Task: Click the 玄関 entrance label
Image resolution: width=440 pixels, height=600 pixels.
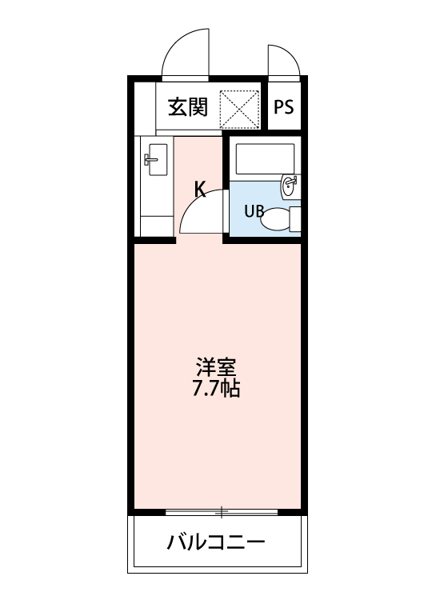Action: pos(188,108)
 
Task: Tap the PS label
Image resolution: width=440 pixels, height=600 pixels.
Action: pos(284,108)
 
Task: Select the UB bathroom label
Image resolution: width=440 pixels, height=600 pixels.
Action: pos(254,212)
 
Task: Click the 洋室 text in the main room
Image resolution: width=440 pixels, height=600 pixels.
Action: pos(217,370)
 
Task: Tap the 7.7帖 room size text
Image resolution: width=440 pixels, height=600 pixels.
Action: pos(217,390)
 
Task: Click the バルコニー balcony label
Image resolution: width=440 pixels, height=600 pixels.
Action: pos(216,544)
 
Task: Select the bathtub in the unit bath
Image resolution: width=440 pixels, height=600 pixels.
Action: pos(265,161)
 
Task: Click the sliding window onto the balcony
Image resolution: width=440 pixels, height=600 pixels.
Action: pos(222,511)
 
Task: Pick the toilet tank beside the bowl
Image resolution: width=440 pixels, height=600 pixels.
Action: pos(295,218)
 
